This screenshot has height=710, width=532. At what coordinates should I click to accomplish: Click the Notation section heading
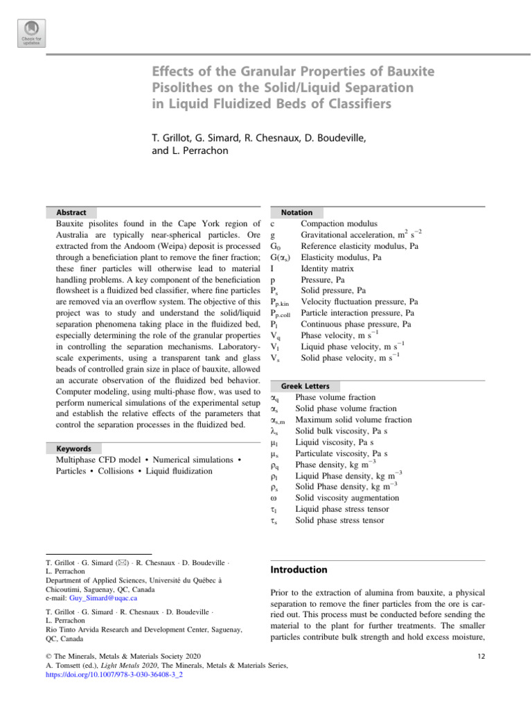(x=296, y=212)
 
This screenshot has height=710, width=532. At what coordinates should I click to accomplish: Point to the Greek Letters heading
(x=305, y=386)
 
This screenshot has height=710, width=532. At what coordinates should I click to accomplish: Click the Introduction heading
(x=299, y=569)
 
